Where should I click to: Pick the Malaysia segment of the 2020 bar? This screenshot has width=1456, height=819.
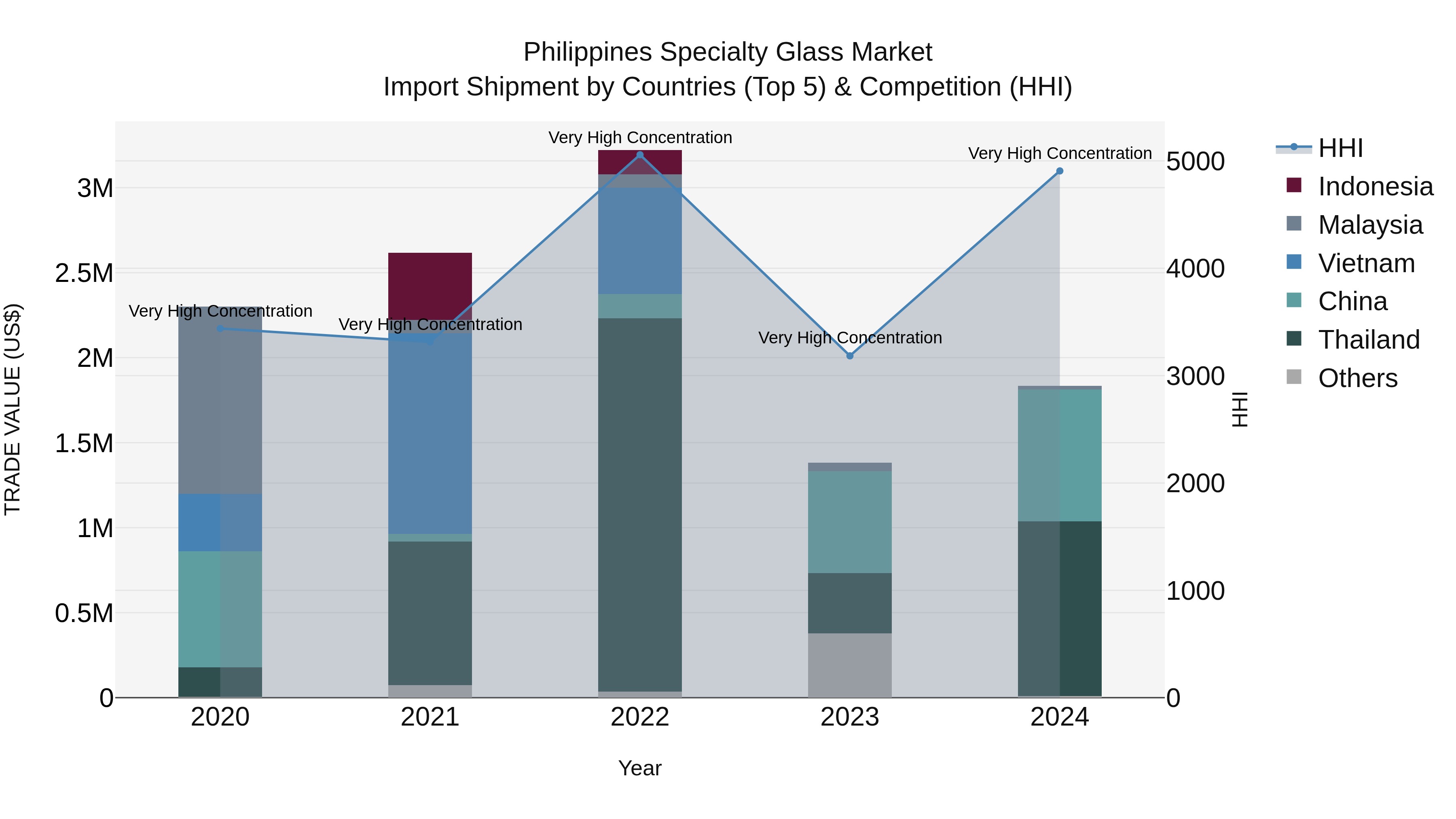(x=220, y=400)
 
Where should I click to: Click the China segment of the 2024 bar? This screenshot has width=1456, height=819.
(x=1059, y=455)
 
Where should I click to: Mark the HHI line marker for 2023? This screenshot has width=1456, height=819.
(x=849, y=356)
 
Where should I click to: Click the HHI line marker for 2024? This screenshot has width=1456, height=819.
(x=1059, y=171)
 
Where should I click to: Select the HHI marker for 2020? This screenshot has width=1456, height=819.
(x=220, y=328)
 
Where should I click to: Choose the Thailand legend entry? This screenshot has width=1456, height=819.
(x=1368, y=340)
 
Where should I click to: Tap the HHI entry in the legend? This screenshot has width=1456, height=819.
(x=1340, y=148)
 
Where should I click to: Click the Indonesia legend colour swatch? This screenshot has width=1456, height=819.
(x=1293, y=185)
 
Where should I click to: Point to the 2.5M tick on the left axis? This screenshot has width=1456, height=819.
(x=84, y=273)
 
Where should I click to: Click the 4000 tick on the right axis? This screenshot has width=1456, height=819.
(x=1195, y=269)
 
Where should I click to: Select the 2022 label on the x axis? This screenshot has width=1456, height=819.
(x=640, y=717)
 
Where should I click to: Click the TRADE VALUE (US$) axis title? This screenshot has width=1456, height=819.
(x=13, y=409)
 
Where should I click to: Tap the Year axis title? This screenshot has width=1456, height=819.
(x=640, y=768)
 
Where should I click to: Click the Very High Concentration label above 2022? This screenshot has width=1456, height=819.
(x=640, y=138)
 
